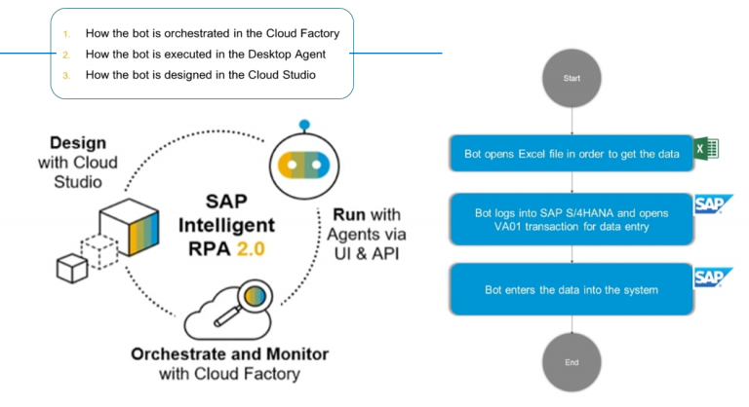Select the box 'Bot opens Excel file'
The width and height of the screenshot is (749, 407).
[x=570, y=153]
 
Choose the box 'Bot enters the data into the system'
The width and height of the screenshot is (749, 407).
[x=570, y=289]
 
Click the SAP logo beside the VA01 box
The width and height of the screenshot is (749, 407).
[x=713, y=204]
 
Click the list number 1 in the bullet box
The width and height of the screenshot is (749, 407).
[x=67, y=33]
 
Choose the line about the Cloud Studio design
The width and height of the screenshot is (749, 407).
[x=200, y=76]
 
